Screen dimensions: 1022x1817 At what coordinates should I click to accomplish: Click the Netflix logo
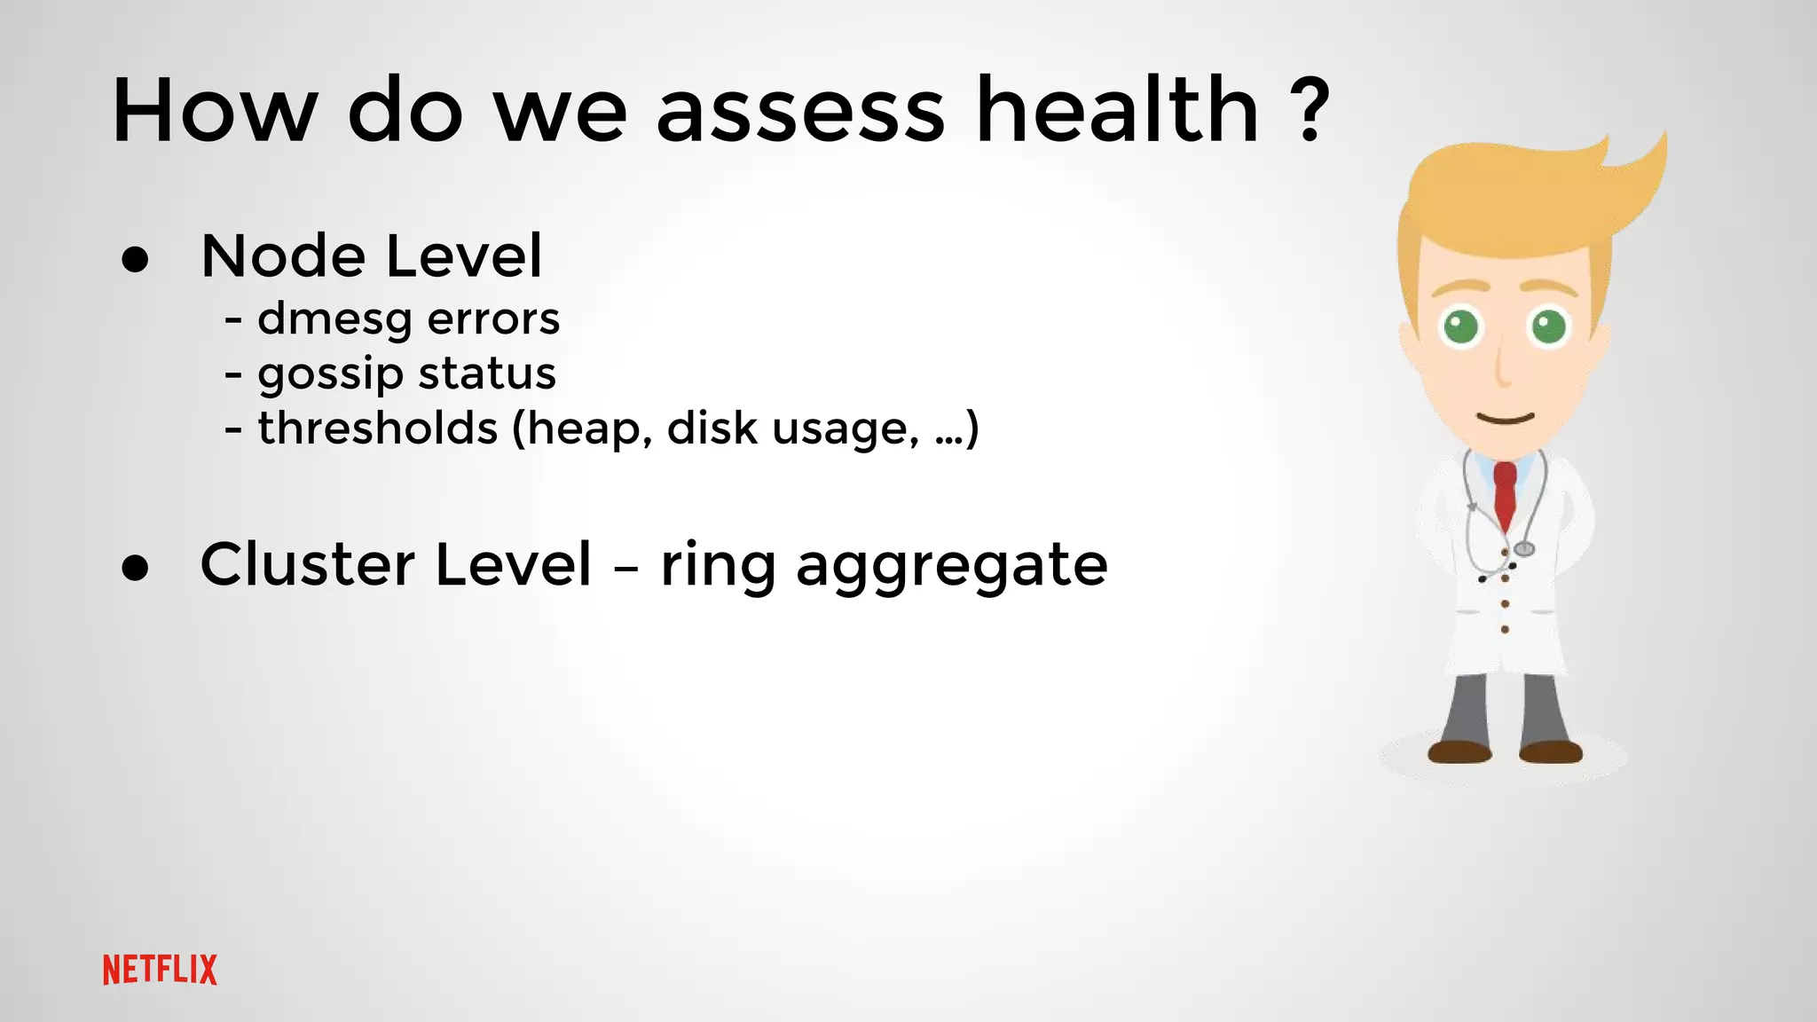coord(160,970)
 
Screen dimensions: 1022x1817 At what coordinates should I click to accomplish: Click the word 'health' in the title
coord(1117,110)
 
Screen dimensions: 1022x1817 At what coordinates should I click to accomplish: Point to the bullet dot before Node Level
coord(136,260)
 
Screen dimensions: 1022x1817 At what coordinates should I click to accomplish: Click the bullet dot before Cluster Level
coord(136,568)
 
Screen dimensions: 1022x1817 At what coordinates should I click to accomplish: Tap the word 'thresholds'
coord(378,428)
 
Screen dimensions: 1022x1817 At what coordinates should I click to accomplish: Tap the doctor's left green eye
coord(1461,326)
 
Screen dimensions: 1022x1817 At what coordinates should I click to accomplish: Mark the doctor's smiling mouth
coord(1505,418)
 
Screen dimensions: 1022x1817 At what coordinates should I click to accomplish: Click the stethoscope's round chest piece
coord(1523,549)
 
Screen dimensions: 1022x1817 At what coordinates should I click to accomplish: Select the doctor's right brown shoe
coord(1550,752)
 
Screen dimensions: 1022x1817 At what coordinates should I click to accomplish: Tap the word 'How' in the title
coord(214,112)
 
